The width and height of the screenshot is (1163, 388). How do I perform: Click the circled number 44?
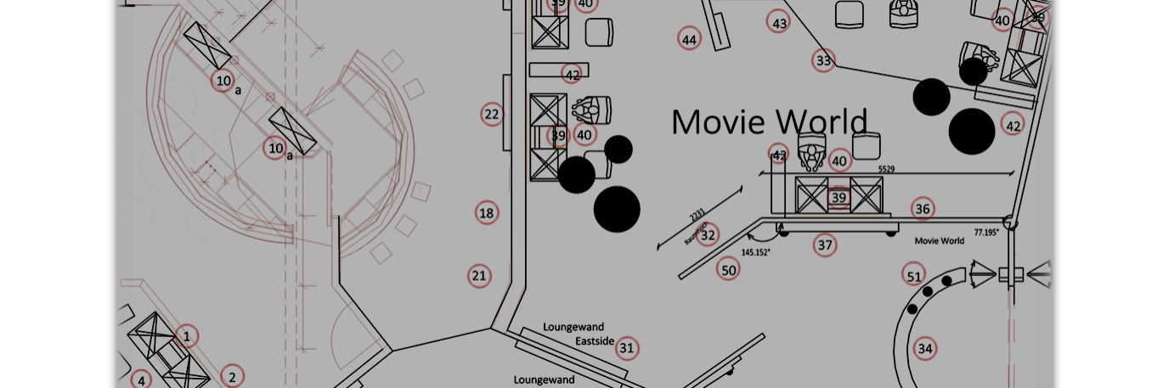689,39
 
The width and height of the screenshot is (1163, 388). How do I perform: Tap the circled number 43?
779,22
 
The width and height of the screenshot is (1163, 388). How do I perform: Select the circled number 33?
823,60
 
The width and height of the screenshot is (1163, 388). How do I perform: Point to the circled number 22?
491,114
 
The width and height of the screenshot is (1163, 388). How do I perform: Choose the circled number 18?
486,212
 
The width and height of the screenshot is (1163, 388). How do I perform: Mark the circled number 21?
479,275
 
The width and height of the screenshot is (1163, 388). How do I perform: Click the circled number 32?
708,234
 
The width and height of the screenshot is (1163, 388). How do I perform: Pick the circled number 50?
728,270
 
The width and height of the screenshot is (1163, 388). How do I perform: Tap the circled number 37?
824,245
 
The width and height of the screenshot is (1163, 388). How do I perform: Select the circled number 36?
923,209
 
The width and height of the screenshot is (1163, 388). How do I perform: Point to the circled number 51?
913,276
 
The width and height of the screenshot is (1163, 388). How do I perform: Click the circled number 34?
924,348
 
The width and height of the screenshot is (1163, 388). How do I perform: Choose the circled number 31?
627,347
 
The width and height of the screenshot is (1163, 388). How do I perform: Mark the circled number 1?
187,336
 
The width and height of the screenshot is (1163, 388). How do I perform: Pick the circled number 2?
231,376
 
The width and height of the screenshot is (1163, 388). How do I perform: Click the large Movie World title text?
769,122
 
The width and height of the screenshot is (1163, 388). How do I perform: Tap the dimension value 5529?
886,170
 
